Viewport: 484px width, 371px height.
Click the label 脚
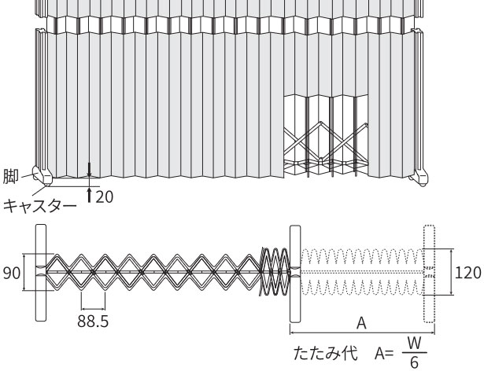coord(11,176)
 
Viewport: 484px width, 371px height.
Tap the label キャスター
coord(40,206)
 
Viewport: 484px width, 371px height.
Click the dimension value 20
coord(105,197)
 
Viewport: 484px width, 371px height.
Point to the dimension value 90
coord(12,273)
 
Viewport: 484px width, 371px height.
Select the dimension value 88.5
coord(93,321)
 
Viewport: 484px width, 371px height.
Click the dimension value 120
coord(468,273)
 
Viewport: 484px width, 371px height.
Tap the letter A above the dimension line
coord(361,324)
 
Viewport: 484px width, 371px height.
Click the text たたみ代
coord(326,354)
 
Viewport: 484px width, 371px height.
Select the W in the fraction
coord(414,343)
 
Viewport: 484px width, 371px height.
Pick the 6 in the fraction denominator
coord(414,362)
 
